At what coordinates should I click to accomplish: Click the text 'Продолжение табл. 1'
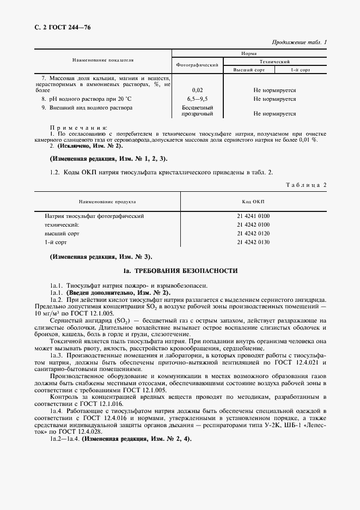click(299, 42)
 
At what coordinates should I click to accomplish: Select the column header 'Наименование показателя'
click(103, 61)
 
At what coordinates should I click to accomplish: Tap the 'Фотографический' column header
click(197, 65)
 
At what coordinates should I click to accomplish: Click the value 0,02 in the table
click(197, 90)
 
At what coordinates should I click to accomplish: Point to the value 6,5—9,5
click(197, 99)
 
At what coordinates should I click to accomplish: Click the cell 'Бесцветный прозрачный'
click(197, 111)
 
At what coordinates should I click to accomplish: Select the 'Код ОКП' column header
click(253, 202)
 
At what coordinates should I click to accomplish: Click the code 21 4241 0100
click(253, 216)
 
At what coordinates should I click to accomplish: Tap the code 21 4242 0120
click(253, 233)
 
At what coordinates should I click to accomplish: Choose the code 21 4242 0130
click(253, 242)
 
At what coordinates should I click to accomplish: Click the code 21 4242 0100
click(253, 224)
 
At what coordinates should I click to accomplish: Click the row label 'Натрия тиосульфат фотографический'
click(94, 216)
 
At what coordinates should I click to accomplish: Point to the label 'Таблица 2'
click(306, 185)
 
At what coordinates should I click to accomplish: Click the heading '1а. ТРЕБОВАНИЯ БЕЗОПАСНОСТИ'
click(180, 271)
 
